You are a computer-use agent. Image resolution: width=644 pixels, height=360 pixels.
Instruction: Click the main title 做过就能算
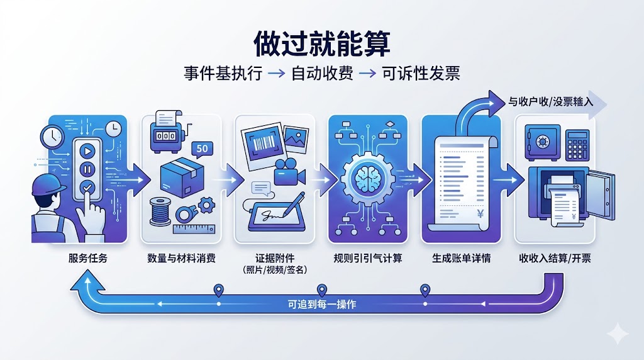coord(321,43)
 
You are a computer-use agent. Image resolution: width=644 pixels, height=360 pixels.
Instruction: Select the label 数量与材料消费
coord(181,258)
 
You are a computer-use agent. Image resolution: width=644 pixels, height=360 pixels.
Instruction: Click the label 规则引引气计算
coord(367,258)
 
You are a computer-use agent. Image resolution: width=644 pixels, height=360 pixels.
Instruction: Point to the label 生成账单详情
coord(461,258)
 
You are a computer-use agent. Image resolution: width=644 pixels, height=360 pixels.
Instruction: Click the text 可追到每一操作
coord(322,305)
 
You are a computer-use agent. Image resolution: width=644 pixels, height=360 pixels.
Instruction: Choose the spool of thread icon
coord(160,211)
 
